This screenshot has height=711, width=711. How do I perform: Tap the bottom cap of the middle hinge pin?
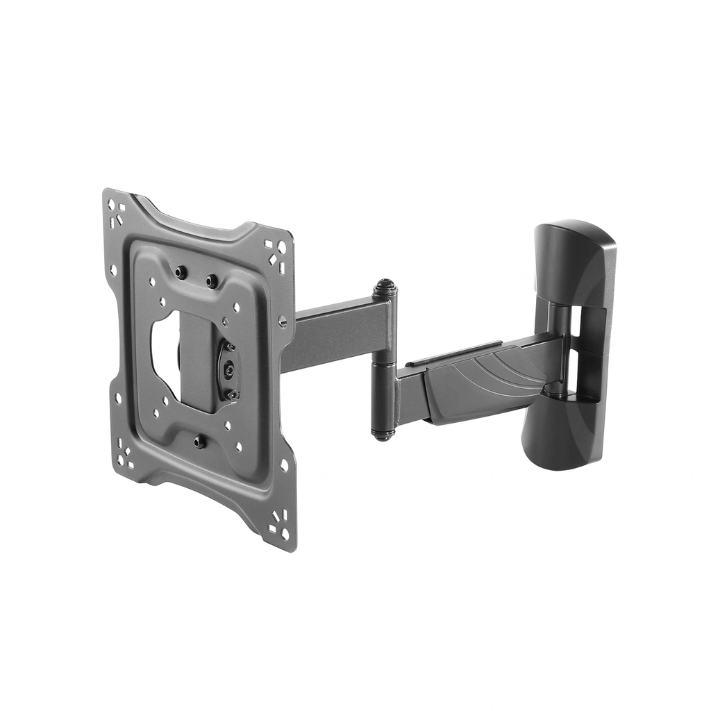coord(383,435)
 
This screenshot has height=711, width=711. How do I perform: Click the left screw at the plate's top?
coord(181,272)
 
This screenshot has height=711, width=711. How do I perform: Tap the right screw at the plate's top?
coord(212,281)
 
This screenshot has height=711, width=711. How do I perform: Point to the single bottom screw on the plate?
coord(200,442)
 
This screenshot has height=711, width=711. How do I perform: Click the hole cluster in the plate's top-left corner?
coord(117,211)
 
